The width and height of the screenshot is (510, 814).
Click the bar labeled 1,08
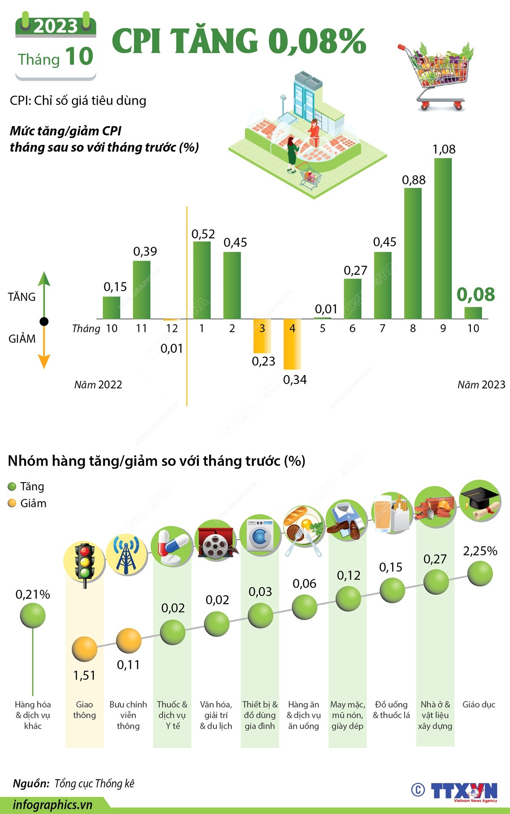[443, 238]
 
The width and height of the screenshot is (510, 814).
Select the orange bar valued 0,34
[292, 344]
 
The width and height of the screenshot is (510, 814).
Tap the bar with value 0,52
[202, 280]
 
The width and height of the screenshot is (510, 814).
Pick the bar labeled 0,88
[413, 253]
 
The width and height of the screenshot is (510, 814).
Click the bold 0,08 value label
[476, 294]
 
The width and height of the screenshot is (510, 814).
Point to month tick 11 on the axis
[142, 328]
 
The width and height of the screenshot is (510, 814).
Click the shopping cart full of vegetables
[438, 74]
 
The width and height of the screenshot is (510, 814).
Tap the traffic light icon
[84, 563]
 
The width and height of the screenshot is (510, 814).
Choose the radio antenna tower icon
[127, 555]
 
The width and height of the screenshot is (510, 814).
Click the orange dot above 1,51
[84, 650]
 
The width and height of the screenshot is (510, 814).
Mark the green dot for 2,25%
[480, 574]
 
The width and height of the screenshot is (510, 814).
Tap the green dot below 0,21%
[33, 616]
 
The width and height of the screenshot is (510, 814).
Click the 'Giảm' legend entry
[27, 503]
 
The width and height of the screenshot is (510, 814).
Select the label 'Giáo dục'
[479, 705]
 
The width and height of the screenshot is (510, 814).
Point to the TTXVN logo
[463, 791]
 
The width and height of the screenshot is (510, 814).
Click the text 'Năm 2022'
[98, 385]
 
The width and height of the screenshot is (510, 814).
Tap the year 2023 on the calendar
[56, 27]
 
